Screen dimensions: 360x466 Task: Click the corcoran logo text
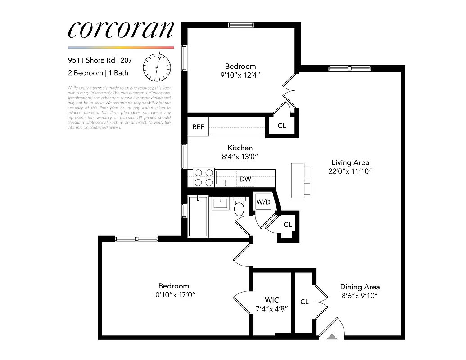tap(121, 30)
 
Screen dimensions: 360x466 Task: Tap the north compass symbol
tap(157, 66)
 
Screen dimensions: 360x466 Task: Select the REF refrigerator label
tap(198, 127)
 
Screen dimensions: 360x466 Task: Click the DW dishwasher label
tap(245, 180)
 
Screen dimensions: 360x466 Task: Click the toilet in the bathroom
tap(239, 208)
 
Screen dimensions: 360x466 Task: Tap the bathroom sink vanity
tap(221, 203)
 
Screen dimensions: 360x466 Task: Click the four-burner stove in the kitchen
tap(204, 178)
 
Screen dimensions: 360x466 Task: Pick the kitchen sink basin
tap(225, 177)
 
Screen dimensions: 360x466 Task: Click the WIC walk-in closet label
tap(271, 300)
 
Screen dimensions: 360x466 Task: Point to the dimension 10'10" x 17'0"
tap(173, 294)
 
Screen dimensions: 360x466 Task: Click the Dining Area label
tap(359, 287)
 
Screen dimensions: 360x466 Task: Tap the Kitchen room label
tap(240, 148)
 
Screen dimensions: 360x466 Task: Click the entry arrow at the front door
tap(332, 336)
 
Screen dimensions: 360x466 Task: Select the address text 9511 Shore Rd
tap(91, 59)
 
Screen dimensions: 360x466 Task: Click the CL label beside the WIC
tap(304, 301)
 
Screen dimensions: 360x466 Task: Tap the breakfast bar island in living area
tap(298, 180)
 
